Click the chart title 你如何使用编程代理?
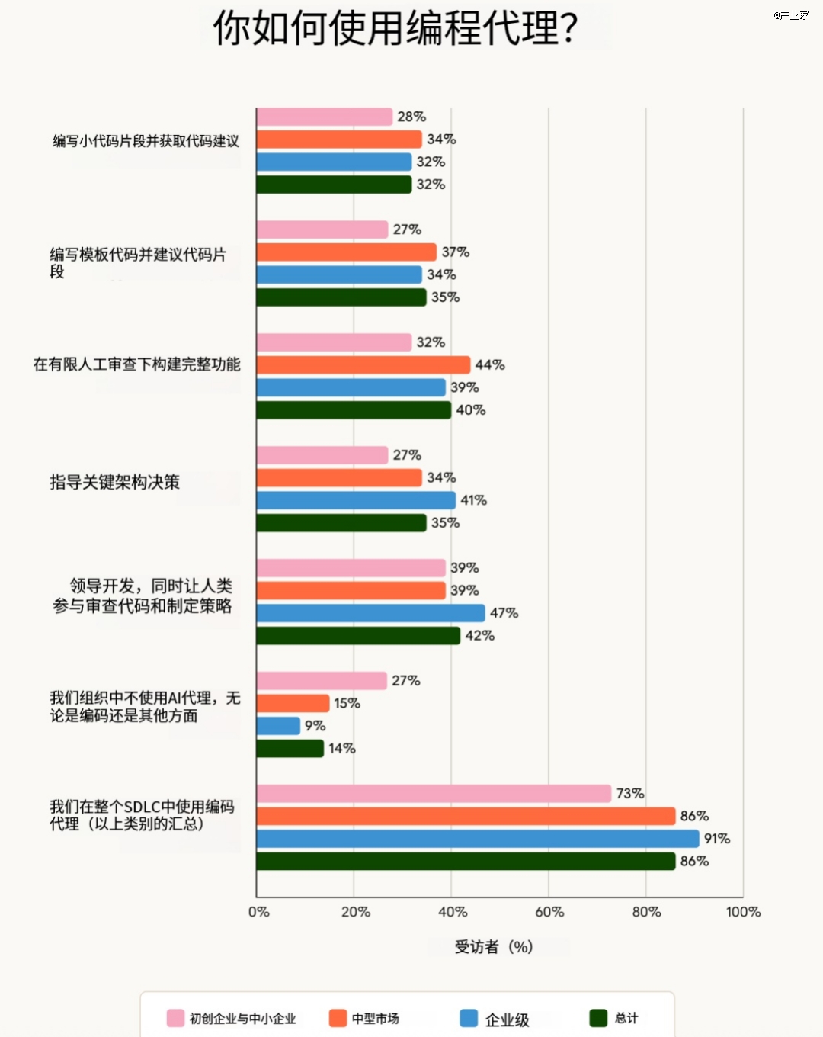395,28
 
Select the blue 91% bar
478,839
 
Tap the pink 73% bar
434,794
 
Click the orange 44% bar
363,365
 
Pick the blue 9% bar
278,726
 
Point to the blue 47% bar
370,613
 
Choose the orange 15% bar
293,703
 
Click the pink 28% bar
325,117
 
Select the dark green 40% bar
354,410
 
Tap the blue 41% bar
356,500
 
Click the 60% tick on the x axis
549,912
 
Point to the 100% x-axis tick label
743,912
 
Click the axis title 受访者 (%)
494,947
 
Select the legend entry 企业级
507,1019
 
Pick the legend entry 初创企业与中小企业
242,1019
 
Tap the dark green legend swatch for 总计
598,1018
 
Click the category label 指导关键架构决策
115,482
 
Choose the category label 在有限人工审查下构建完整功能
136,364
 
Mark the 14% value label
342,749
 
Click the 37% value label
456,252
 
